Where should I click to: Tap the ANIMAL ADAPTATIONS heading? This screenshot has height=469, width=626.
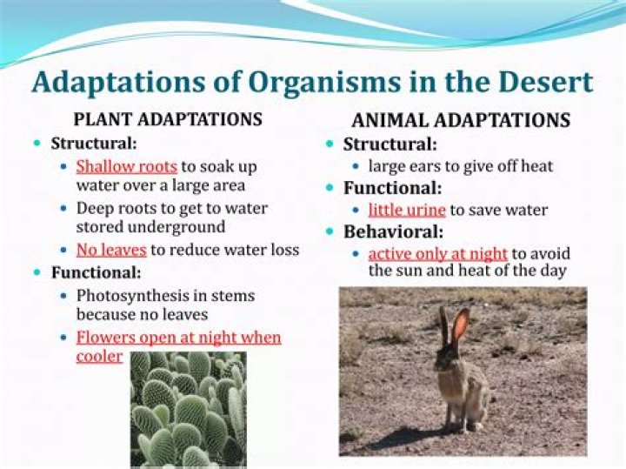(x=461, y=121)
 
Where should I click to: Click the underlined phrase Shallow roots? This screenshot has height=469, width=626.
(x=127, y=165)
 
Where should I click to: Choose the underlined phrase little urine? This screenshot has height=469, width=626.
(x=407, y=210)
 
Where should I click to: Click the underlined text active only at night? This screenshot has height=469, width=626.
(x=437, y=254)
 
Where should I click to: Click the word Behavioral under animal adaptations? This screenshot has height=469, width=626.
(x=393, y=232)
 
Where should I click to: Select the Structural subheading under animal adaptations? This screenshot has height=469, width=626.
(x=390, y=144)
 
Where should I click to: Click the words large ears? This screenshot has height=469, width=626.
(x=403, y=166)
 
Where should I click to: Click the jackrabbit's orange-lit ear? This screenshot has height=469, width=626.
(x=460, y=325)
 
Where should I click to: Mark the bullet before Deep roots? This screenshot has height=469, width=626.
(x=66, y=209)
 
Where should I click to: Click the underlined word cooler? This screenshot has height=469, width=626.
(x=99, y=356)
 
